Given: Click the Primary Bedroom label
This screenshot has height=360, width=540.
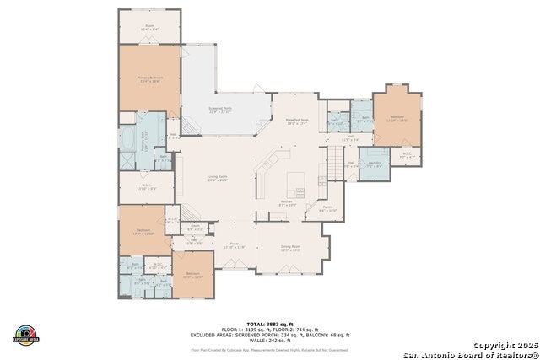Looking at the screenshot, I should [x=149, y=78].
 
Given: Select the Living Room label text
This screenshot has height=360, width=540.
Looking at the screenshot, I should [x=219, y=178].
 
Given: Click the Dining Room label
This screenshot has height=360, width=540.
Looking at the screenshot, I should [x=289, y=249].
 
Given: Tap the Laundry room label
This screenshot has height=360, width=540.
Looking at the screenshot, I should [x=374, y=164].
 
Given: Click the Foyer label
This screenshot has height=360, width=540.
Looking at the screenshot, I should [x=232, y=245].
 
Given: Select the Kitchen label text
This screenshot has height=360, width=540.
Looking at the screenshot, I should [x=287, y=203].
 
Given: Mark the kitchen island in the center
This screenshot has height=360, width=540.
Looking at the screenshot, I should [x=297, y=182].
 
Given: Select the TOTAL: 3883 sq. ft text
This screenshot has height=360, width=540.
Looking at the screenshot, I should [x=270, y=324].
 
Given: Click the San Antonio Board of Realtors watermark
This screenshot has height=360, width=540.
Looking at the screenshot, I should [x=468, y=354].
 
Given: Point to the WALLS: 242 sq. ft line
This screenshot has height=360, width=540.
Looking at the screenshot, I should [x=270, y=340].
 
